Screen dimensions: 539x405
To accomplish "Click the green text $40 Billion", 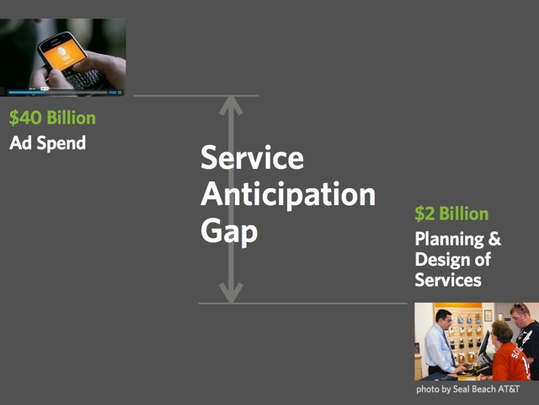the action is point(52,118).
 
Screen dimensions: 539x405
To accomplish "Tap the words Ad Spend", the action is point(47,143).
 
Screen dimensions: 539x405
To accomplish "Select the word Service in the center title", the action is point(252,158).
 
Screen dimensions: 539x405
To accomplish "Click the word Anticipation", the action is point(288,195).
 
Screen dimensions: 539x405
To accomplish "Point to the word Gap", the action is point(229,231).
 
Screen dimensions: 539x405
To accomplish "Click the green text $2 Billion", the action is point(451,213).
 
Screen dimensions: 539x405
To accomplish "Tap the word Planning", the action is point(450,239).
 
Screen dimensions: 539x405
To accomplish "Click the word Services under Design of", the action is point(448,279).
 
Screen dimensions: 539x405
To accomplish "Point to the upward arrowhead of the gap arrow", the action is point(231,105).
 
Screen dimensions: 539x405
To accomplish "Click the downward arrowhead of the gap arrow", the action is point(231,294).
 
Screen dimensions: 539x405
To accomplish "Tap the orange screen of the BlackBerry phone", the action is point(64,54).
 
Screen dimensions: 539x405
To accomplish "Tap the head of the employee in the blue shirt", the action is point(444,319).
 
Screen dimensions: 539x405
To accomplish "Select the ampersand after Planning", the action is point(494,238).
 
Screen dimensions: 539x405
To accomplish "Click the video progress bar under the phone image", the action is point(58,92).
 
